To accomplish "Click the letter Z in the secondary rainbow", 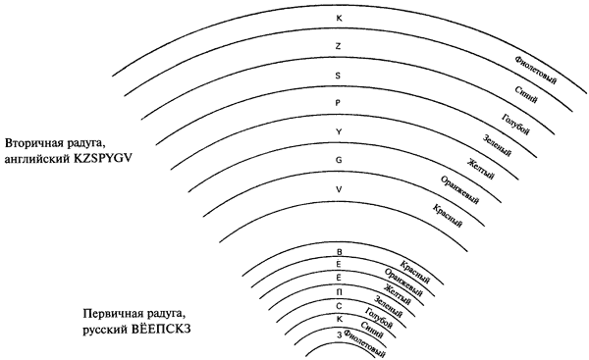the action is tap(339, 46).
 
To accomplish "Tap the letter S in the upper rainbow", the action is tap(338, 76).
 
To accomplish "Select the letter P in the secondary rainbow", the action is tap(338, 103).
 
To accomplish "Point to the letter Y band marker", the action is tap(339, 131).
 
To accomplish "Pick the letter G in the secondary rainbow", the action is tap(339, 160).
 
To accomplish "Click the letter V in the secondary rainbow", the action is tap(339, 189).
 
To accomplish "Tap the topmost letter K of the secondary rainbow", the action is tap(339, 18).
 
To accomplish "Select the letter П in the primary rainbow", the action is tap(339, 292).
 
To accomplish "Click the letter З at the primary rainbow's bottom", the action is tap(340, 335).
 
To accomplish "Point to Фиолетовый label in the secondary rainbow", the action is tap(536, 71).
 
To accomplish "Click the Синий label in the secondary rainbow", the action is tap(525, 94).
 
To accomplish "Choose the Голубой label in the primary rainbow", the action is tap(378, 318).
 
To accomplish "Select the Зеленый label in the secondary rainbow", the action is tap(497, 145).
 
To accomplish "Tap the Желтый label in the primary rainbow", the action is tap(397, 294).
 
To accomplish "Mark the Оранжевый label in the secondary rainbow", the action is tap(459, 190).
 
